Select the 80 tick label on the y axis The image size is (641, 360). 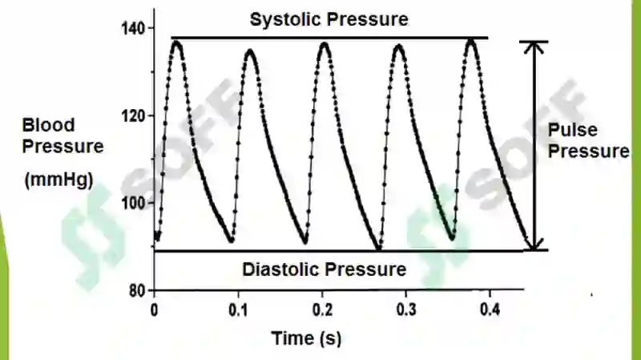[138, 289]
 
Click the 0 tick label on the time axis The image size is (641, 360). [155, 309]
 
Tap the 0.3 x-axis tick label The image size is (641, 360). [407, 309]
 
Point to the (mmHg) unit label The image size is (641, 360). [57, 181]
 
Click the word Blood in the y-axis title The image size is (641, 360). [48, 125]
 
